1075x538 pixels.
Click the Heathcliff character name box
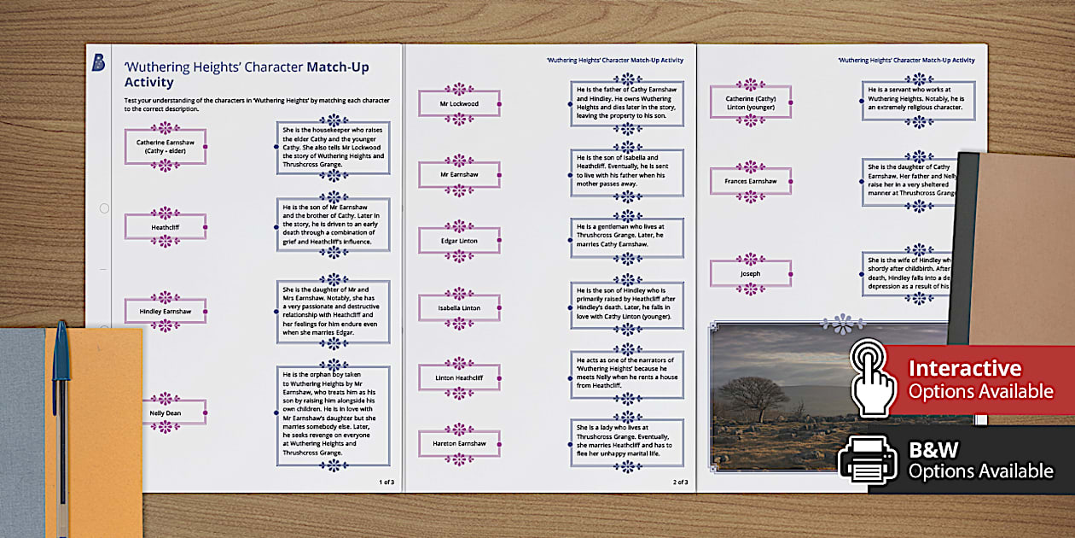coord(166,227)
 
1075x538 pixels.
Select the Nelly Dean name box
coord(166,413)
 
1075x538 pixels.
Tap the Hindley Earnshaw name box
coord(166,312)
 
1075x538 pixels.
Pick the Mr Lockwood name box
coord(459,104)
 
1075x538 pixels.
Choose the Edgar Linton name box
coord(459,241)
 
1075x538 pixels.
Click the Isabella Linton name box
coord(459,308)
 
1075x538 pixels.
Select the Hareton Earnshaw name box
coord(459,444)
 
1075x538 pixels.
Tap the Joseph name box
coord(751,274)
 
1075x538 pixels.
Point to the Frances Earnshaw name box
coord(751,181)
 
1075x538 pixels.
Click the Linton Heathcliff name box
coord(459,377)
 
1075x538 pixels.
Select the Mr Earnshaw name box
coord(459,174)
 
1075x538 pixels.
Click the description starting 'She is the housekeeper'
coord(334,148)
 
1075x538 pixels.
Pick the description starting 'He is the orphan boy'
coord(334,416)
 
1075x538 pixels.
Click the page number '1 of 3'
coord(386,482)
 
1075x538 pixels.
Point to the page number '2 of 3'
coord(680,482)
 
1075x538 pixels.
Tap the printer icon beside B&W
coord(868,460)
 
